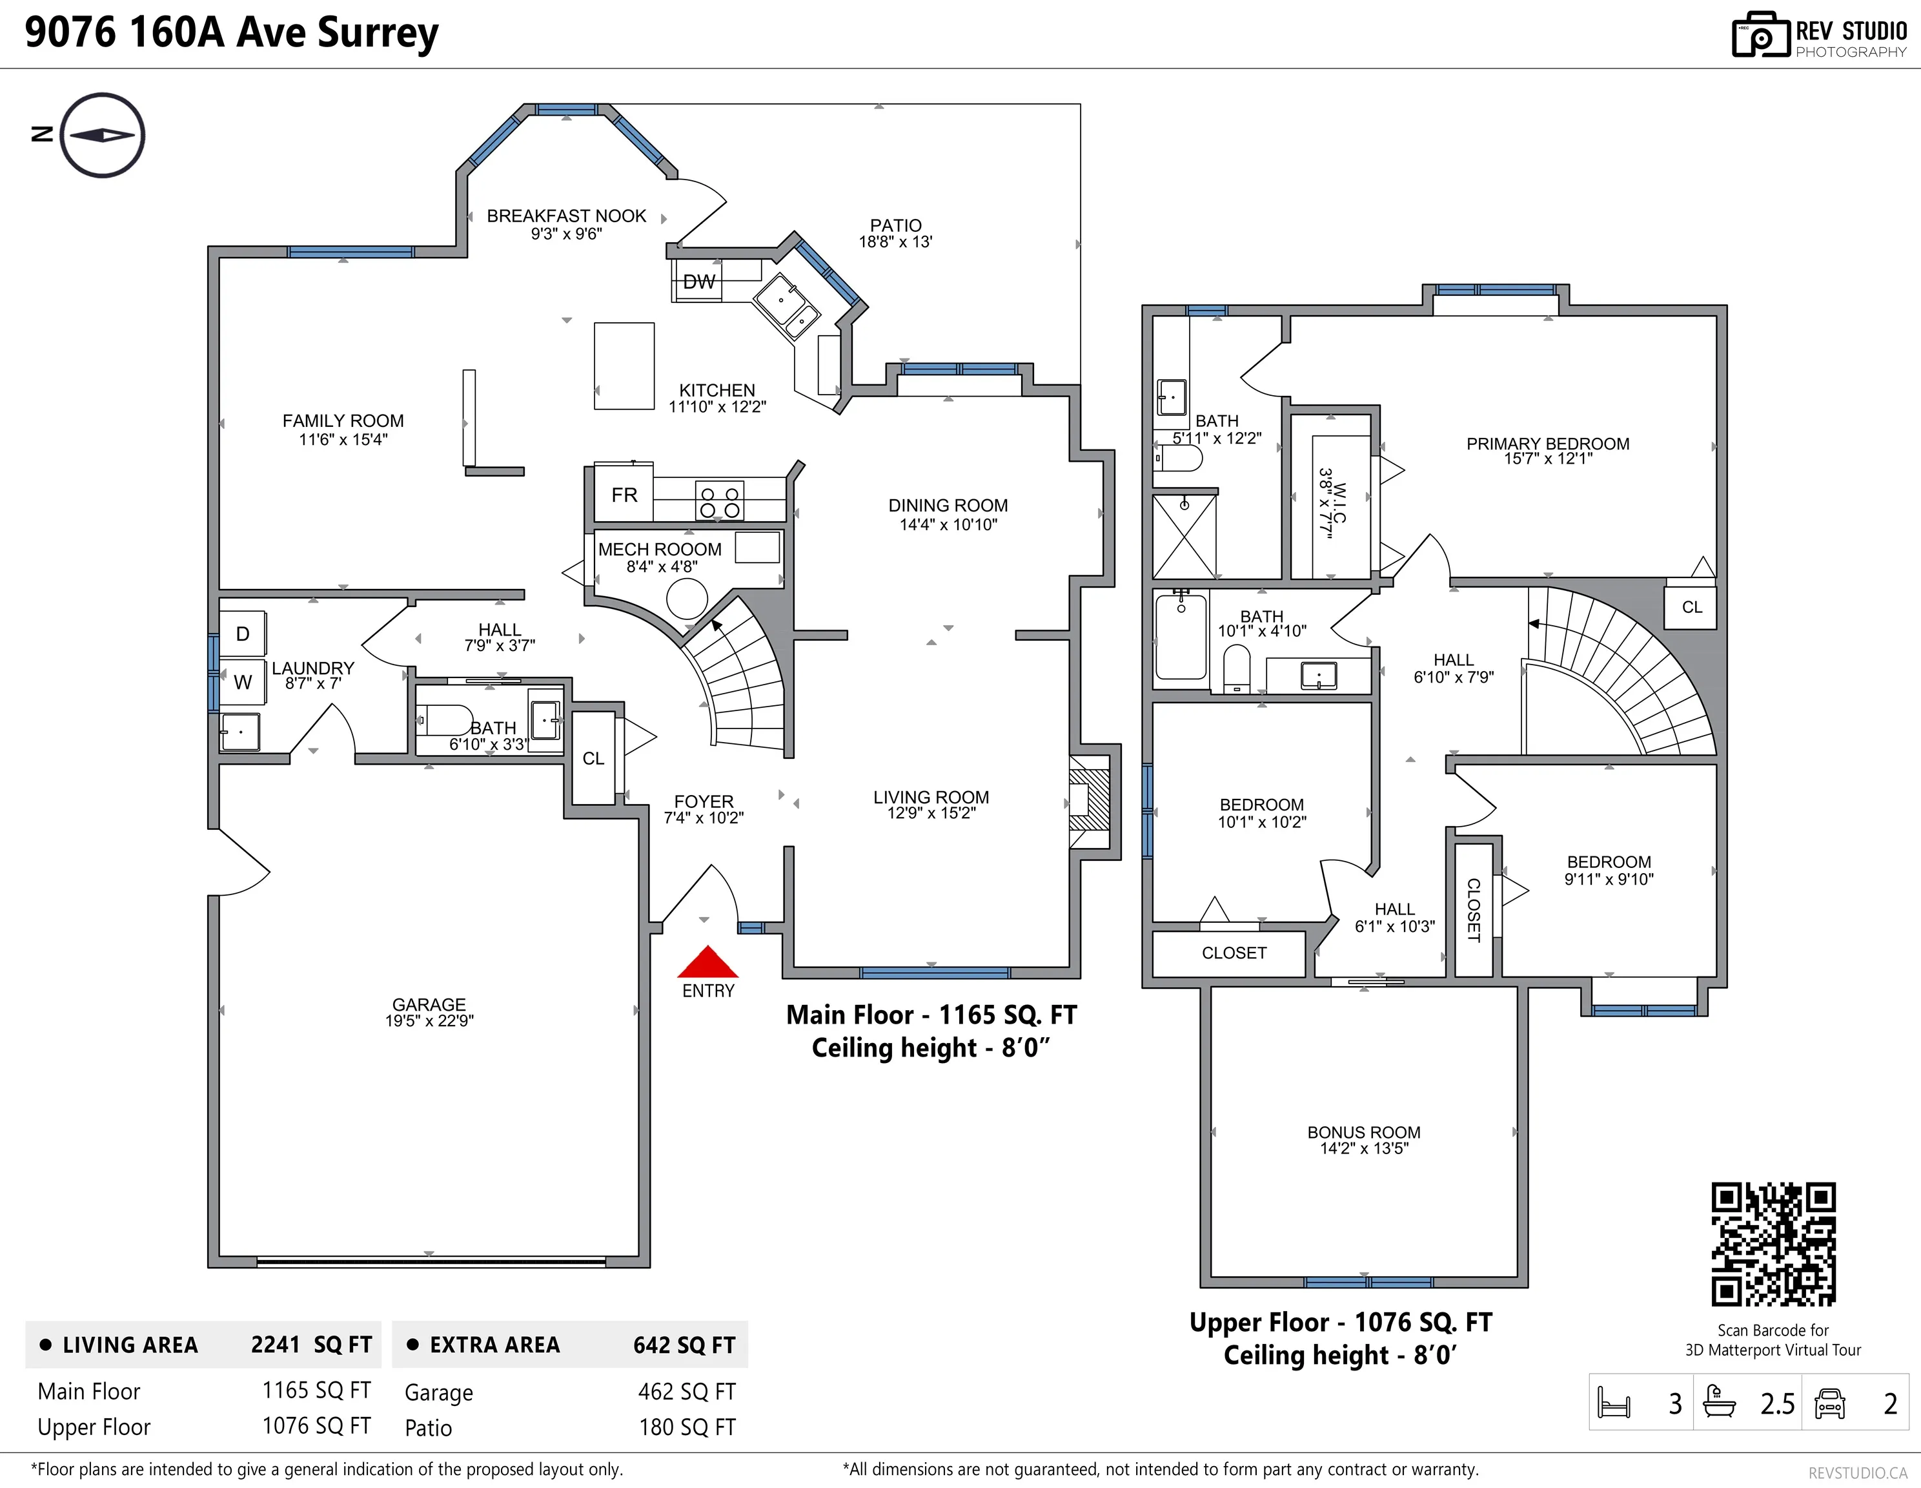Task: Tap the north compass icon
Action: (103, 136)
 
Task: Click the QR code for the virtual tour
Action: (1773, 1245)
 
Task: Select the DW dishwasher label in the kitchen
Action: (699, 282)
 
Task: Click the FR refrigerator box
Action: (624, 495)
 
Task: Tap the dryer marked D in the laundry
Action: (242, 634)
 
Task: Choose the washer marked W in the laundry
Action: (242, 682)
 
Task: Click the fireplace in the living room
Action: (1090, 801)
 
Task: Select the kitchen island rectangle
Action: (624, 366)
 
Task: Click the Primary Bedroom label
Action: (1547, 444)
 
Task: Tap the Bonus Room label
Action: (1363, 1133)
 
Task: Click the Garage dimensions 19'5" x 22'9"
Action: (429, 1021)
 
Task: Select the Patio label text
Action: (895, 225)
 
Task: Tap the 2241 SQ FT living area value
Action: (311, 1345)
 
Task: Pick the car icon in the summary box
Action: (1829, 1403)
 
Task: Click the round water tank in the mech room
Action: (687, 599)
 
